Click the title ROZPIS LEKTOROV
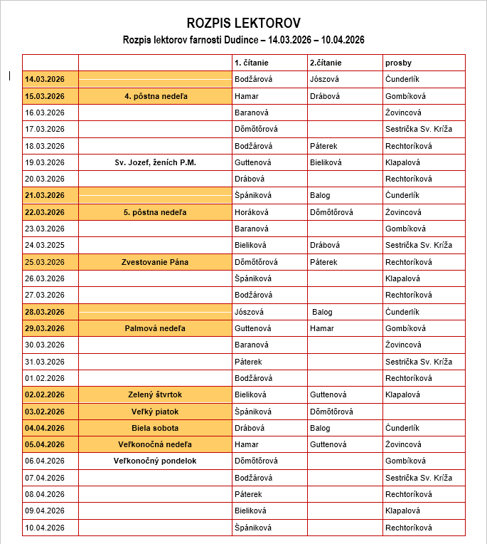coord(243,23)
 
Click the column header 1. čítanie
coord(252,63)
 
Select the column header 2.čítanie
coord(326,63)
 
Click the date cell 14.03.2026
coord(44,79)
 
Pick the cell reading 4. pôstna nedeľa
coord(155,96)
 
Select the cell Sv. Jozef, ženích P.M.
coord(155,162)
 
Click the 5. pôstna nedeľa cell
coord(155,212)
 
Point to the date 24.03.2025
coord(44,245)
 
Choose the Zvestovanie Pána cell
coord(155,262)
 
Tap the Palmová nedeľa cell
coord(155,328)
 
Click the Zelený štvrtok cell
coord(155,394)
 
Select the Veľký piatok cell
coord(155,412)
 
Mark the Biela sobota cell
coord(155,428)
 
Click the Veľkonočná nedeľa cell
coord(155,444)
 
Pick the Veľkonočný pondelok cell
coord(155,461)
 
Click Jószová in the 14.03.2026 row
coord(324,79)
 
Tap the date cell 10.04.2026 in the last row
coord(44,528)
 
